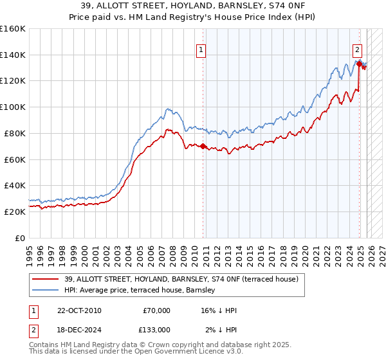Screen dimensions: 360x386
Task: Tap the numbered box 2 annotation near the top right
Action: pyautogui.click(x=357, y=49)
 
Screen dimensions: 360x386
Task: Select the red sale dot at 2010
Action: pyautogui.click(x=203, y=146)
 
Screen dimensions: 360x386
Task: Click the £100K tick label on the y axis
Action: pyautogui.click(x=13, y=107)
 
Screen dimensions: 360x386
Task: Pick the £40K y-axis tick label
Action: pyautogui.click(x=15, y=185)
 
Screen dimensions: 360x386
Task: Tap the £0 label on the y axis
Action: pyautogui.click(x=20, y=238)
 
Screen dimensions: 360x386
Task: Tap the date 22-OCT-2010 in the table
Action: pyautogui.click(x=79, y=310)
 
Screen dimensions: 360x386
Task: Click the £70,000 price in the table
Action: pyautogui.click(x=156, y=310)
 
